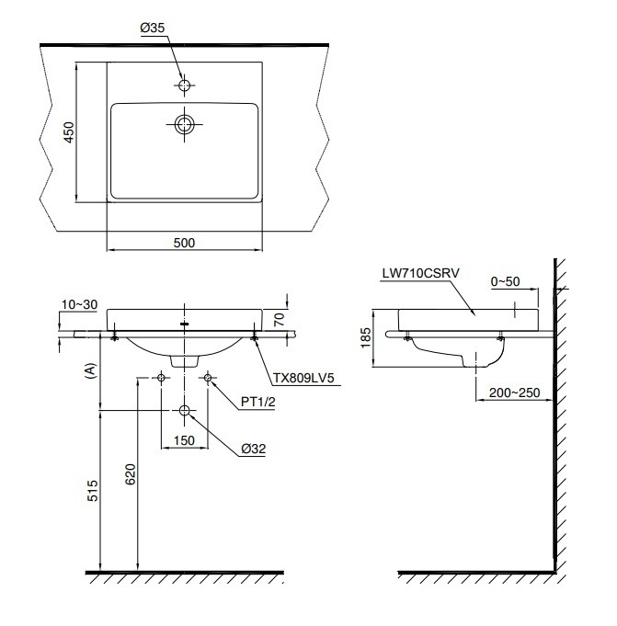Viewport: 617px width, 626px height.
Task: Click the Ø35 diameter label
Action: pyautogui.click(x=152, y=28)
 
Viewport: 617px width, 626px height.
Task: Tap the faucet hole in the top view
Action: pyautogui.click(x=185, y=85)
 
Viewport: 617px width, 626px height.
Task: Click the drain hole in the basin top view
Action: pyautogui.click(x=185, y=123)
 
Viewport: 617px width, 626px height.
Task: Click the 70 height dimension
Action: pyautogui.click(x=280, y=319)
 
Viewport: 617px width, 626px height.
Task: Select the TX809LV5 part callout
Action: pyautogui.click(x=303, y=377)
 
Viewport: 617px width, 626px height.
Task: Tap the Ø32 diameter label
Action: pyautogui.click(x=254, y=449)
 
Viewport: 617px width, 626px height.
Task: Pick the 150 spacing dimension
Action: pyautogui.click(x=185, y=441)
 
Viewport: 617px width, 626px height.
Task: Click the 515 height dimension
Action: pyautogui.click(x=92, y=490)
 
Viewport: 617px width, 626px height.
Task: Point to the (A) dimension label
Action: pyautogui.click(x=89, y=370)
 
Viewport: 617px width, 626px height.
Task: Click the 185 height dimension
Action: pyautogui.click(x=367, y=337)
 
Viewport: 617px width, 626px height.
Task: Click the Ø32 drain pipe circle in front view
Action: pyautogui.click(x=185, y=411)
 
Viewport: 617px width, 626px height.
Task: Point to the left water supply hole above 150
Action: pyautogui.click(x=162, y=378)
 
